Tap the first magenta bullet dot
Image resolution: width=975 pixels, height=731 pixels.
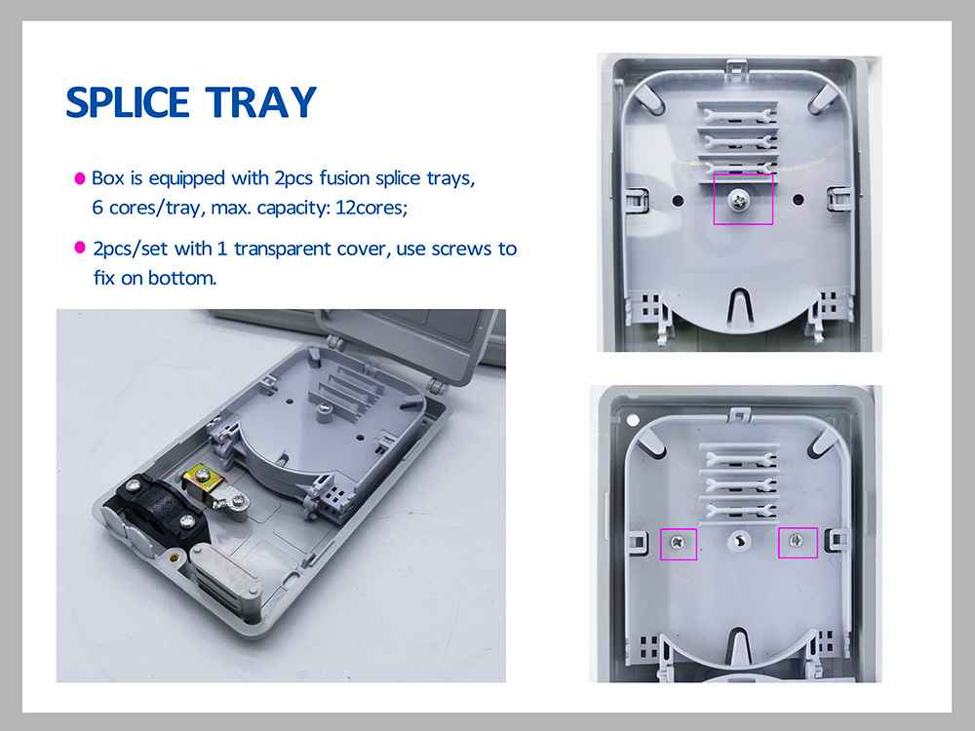coord(81,179)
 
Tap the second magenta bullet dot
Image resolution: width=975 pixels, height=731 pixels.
coord(81,250)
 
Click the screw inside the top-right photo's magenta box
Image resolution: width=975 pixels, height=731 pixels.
coord(742,199)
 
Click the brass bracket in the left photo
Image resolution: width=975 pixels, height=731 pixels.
coord(202,480)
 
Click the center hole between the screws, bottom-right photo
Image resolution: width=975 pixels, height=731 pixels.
coord(738,541)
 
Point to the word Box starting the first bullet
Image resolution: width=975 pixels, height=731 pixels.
coord(102,179)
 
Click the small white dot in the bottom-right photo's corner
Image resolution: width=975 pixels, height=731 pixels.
coord(635,420)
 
